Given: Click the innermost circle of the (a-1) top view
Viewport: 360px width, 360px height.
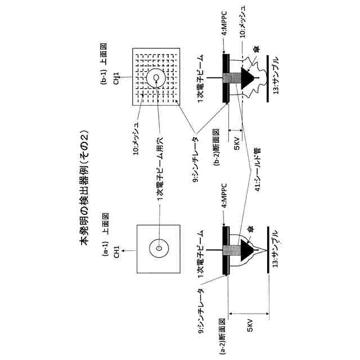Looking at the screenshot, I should pos(159,248).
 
